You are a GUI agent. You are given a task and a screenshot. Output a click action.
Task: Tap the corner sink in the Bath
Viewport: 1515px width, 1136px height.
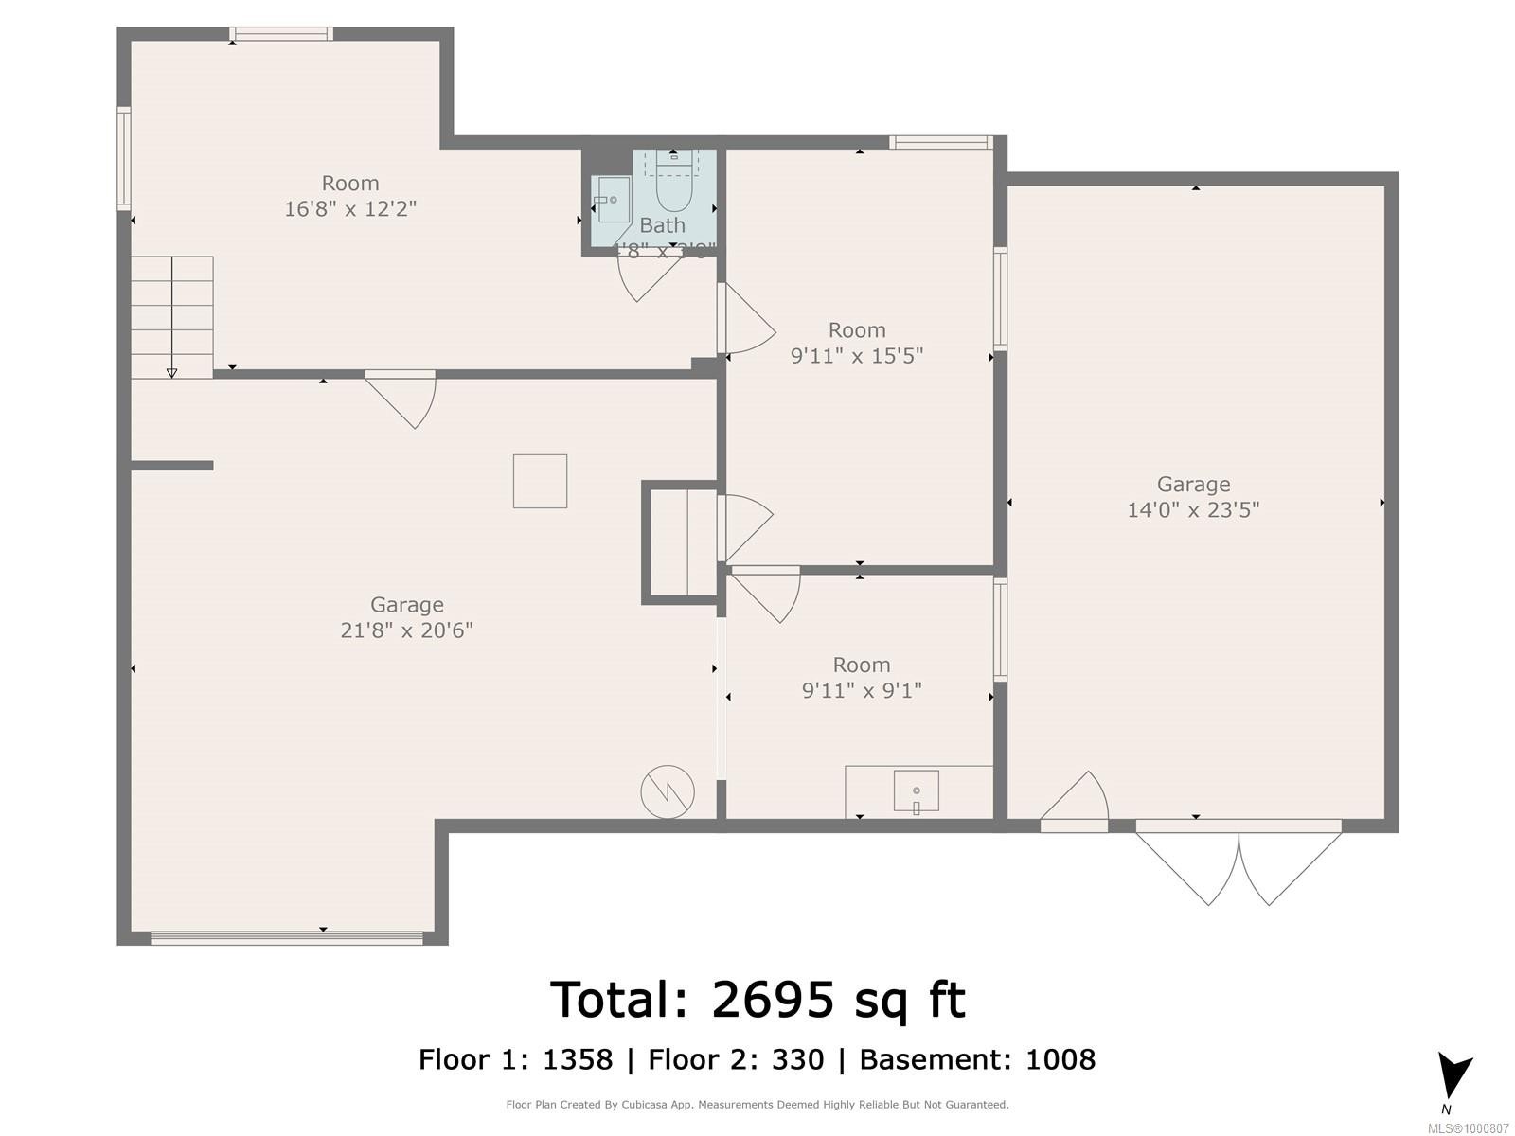(610, 200)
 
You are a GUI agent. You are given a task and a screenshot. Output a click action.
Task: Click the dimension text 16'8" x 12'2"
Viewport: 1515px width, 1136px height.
(350, 208)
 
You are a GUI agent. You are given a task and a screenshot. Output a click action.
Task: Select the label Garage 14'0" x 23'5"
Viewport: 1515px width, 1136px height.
(1193, 497)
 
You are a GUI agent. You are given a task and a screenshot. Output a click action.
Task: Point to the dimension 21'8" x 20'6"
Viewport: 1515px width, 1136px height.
(406, 630)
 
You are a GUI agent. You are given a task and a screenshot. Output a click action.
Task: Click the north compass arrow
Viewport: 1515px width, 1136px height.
(1453, 1075)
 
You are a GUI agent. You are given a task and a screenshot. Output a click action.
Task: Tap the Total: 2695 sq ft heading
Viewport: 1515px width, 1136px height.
(757, 1000)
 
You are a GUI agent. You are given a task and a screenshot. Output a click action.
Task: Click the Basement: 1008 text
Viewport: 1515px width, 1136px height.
(977, 1059)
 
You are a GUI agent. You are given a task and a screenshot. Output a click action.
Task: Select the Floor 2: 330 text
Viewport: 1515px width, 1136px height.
(736, 1059)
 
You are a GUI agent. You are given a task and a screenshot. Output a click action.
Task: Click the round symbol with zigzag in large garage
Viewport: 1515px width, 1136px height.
(668, 791)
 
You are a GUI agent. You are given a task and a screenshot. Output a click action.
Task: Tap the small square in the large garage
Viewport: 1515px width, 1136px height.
(540, 481)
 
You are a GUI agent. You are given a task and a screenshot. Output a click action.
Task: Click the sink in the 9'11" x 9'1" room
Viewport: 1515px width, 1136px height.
(916, 791)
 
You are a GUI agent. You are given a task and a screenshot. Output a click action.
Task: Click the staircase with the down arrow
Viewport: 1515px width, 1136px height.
(172, 317)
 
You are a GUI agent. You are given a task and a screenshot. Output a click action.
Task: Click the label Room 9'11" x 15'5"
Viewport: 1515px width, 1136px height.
(857, 343)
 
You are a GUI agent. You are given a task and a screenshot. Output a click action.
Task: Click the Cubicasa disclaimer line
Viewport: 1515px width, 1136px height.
(757, 1105)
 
